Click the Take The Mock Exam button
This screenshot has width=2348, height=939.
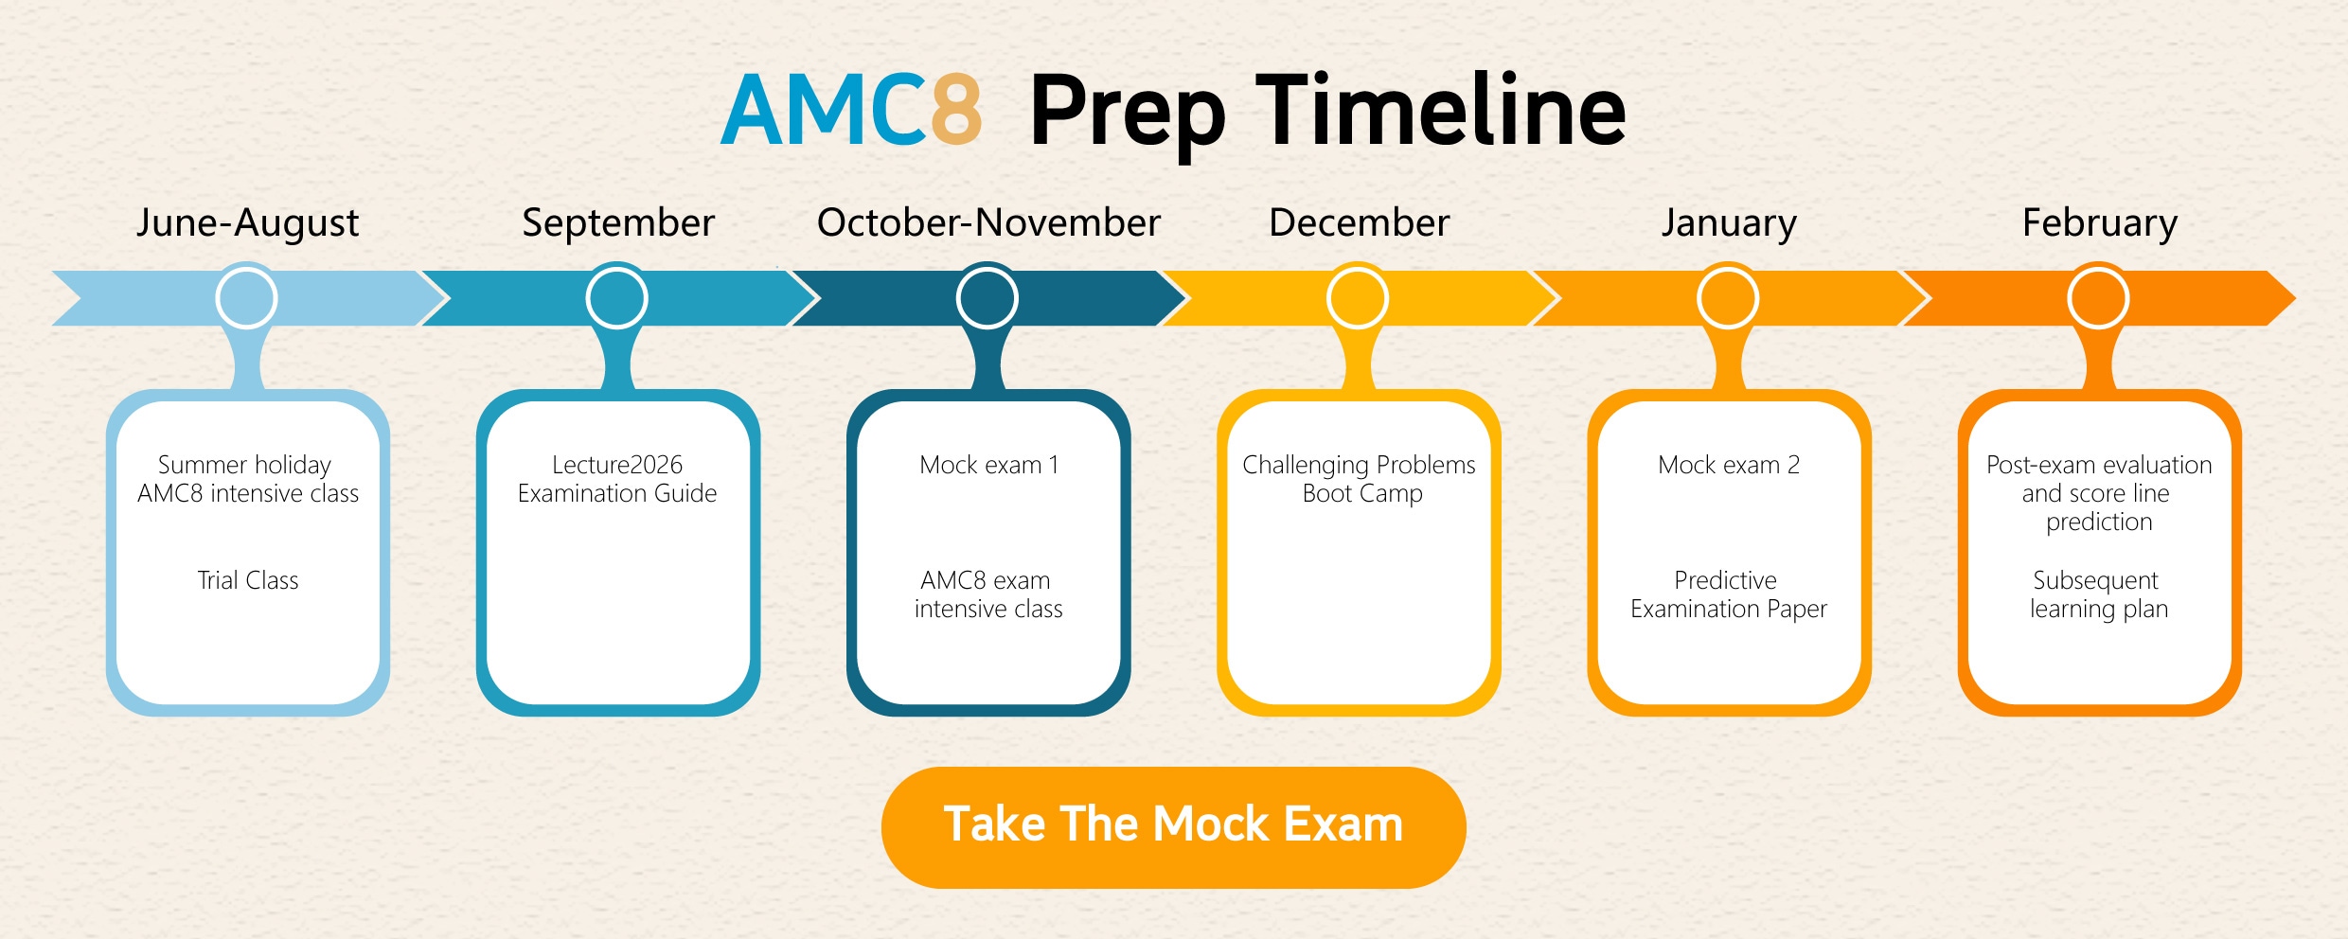[x=1173, y=826]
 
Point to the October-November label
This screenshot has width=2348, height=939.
[x=988, y=223]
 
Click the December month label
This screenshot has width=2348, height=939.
[x=1359, y=223]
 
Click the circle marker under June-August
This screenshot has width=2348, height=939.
[x=246, y=298]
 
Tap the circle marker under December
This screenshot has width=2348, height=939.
[x=1358, y=298]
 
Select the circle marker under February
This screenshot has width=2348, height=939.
[x=2099, y=298]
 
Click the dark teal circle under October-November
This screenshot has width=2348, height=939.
[x=987, y=298]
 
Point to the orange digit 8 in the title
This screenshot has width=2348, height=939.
[x=956, y=111]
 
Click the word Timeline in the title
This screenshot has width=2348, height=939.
[x=1440, y=110]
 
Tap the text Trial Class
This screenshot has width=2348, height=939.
[x=248, y=580]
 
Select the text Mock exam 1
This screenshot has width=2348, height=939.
[x=989, y=465]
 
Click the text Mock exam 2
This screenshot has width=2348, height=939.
[x=1729, y=465]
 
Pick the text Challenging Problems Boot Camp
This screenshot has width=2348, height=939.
[x=1360, y=479]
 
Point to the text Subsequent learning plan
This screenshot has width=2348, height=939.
[x=2098, y=594]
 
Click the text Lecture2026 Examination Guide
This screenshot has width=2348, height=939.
[x=617, y=479]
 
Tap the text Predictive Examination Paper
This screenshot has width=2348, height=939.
[x=1729, y=594]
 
